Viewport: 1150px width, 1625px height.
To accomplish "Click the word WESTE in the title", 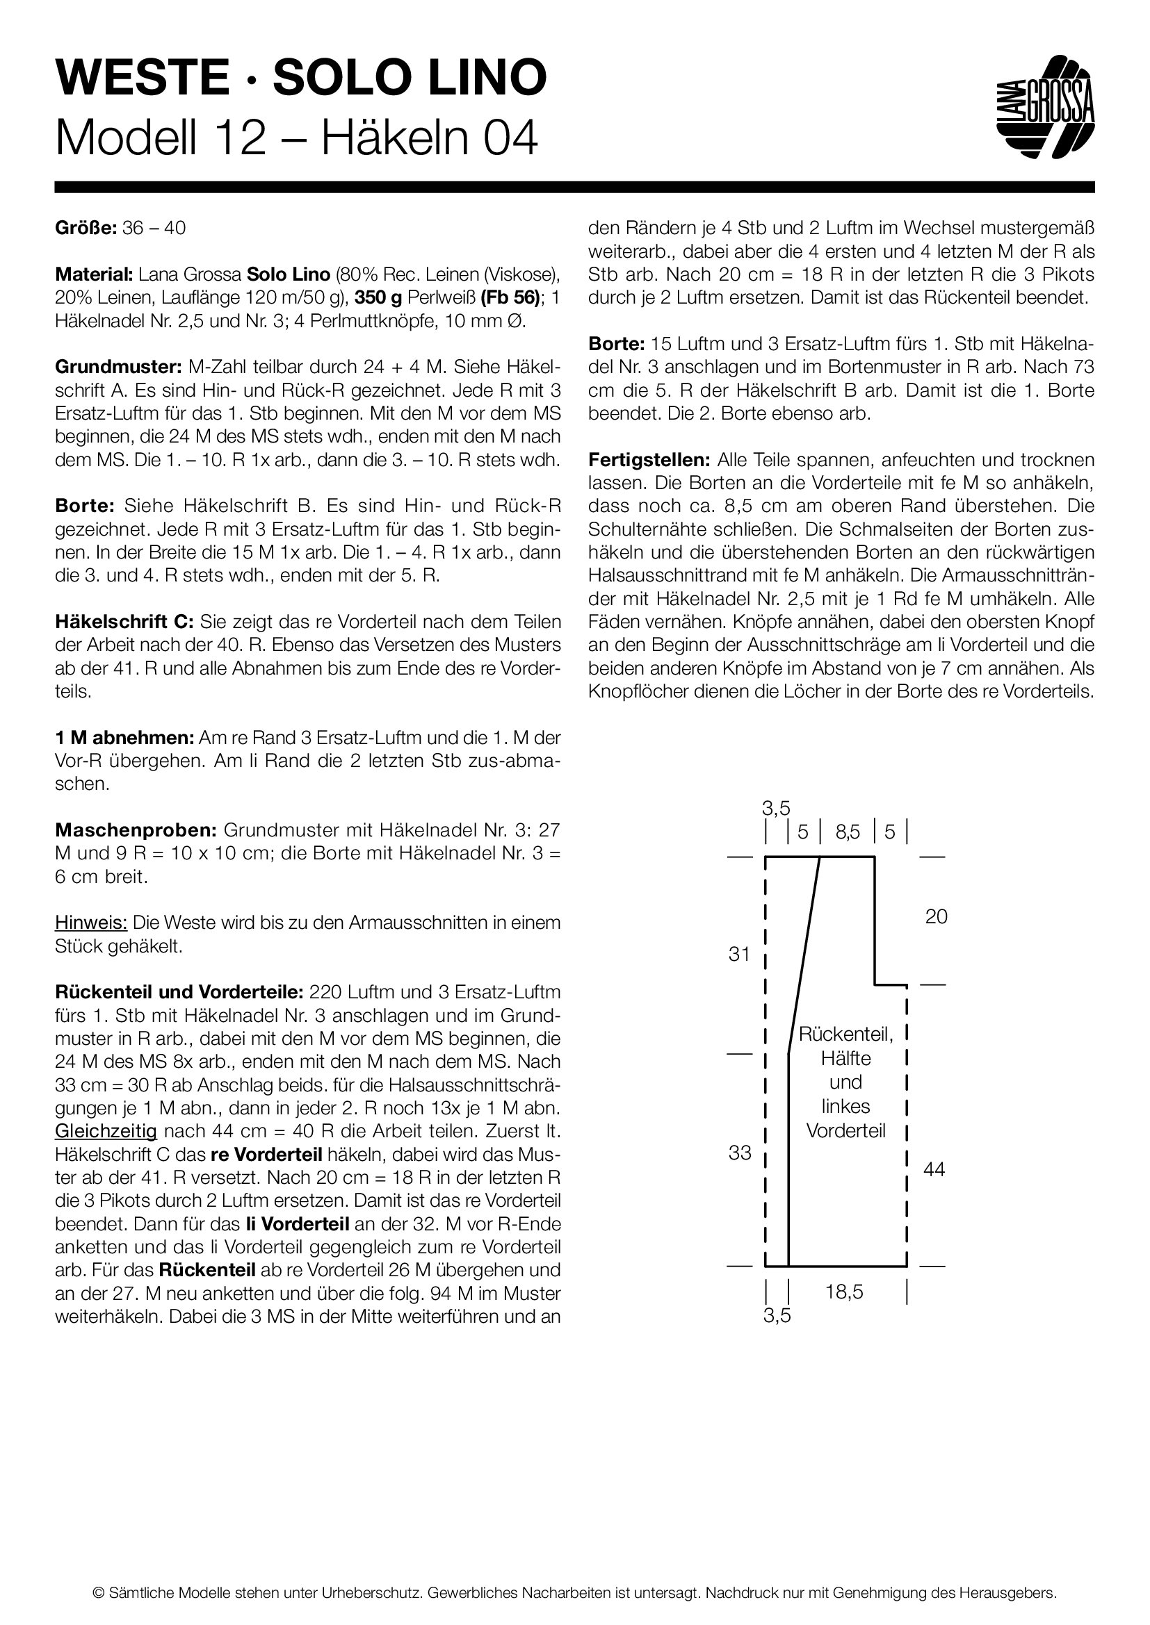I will point(142,78).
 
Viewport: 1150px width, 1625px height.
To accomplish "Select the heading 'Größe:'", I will point(85,229).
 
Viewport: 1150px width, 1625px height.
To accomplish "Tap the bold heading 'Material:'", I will point(93,274).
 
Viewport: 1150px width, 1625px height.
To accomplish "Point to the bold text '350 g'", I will point(378,298).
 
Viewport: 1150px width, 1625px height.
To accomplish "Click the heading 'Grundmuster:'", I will point(118,368).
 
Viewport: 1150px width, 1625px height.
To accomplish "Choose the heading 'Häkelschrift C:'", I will point(124,622).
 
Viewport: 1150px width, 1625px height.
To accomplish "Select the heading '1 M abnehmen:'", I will point(124,739).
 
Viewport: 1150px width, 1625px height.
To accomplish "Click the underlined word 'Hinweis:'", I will point(90,923).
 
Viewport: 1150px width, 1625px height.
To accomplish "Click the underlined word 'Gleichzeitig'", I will point(106,1131).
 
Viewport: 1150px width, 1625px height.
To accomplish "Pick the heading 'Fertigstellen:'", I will point(649,460).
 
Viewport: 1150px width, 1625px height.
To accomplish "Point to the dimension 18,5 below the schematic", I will point(844,1292).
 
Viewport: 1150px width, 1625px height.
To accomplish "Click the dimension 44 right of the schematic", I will point(934,1170).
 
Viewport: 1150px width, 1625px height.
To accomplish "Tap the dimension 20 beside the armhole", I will point(936,916).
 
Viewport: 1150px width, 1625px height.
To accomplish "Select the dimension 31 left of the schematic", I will point(739,954).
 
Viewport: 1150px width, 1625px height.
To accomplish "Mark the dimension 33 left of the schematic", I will point(740,1153).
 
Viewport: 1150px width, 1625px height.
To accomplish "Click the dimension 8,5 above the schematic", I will point(848,832).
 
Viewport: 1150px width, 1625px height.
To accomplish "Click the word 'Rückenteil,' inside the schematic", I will point(846,1034).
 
